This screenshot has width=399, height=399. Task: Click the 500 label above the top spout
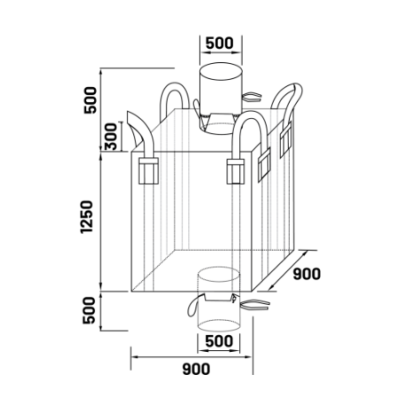[x=219, y=43]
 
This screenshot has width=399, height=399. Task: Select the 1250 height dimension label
[x=87, y=217]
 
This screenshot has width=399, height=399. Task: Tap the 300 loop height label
[x=112, y=137]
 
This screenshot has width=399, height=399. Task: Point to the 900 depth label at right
[x=307, y=274]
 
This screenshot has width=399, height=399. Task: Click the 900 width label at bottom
[x=196, y=369]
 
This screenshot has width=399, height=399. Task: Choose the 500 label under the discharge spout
[x=219, y=341]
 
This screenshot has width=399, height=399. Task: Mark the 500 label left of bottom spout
[x=90, y=310]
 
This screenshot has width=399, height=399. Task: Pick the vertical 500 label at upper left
[x=90, y=100]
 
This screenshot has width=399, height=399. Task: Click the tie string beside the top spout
[x=252, y=97]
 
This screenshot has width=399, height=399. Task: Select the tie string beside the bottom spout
[x=254, y=305]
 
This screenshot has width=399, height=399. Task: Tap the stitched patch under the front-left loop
[x=148, y=171]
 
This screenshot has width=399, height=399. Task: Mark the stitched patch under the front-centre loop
[x=236, y=171]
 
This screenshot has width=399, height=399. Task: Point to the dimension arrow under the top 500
[x=221, y=52]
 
